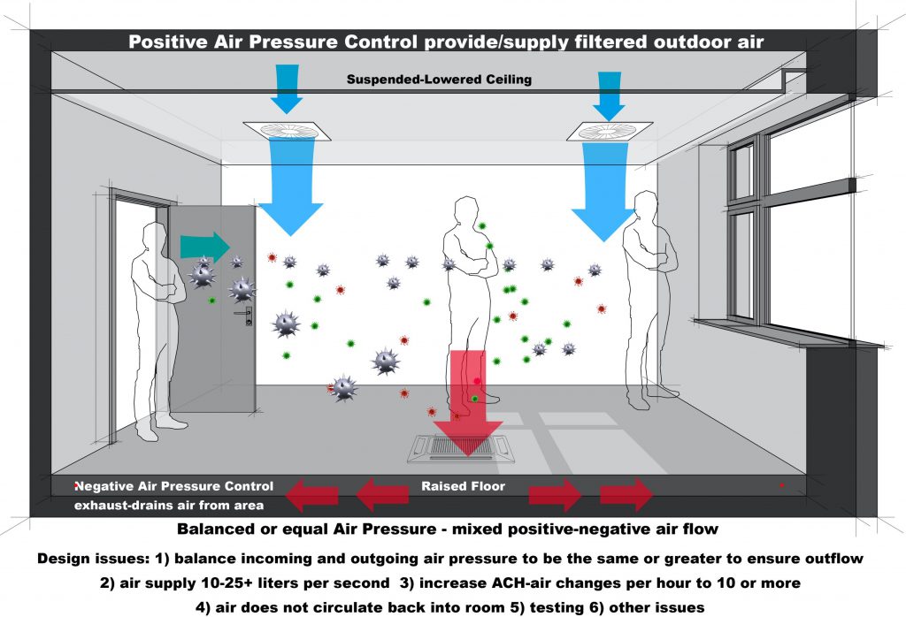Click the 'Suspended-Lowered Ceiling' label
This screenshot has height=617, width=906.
(439, 80)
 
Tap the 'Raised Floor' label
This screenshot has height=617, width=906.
(463, 486)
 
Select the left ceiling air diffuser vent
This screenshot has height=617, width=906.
(288, 131)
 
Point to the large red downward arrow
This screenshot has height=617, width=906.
(467, 398)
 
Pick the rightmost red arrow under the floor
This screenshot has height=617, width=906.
(627, 495)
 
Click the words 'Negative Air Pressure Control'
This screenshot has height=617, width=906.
(174, 486)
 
